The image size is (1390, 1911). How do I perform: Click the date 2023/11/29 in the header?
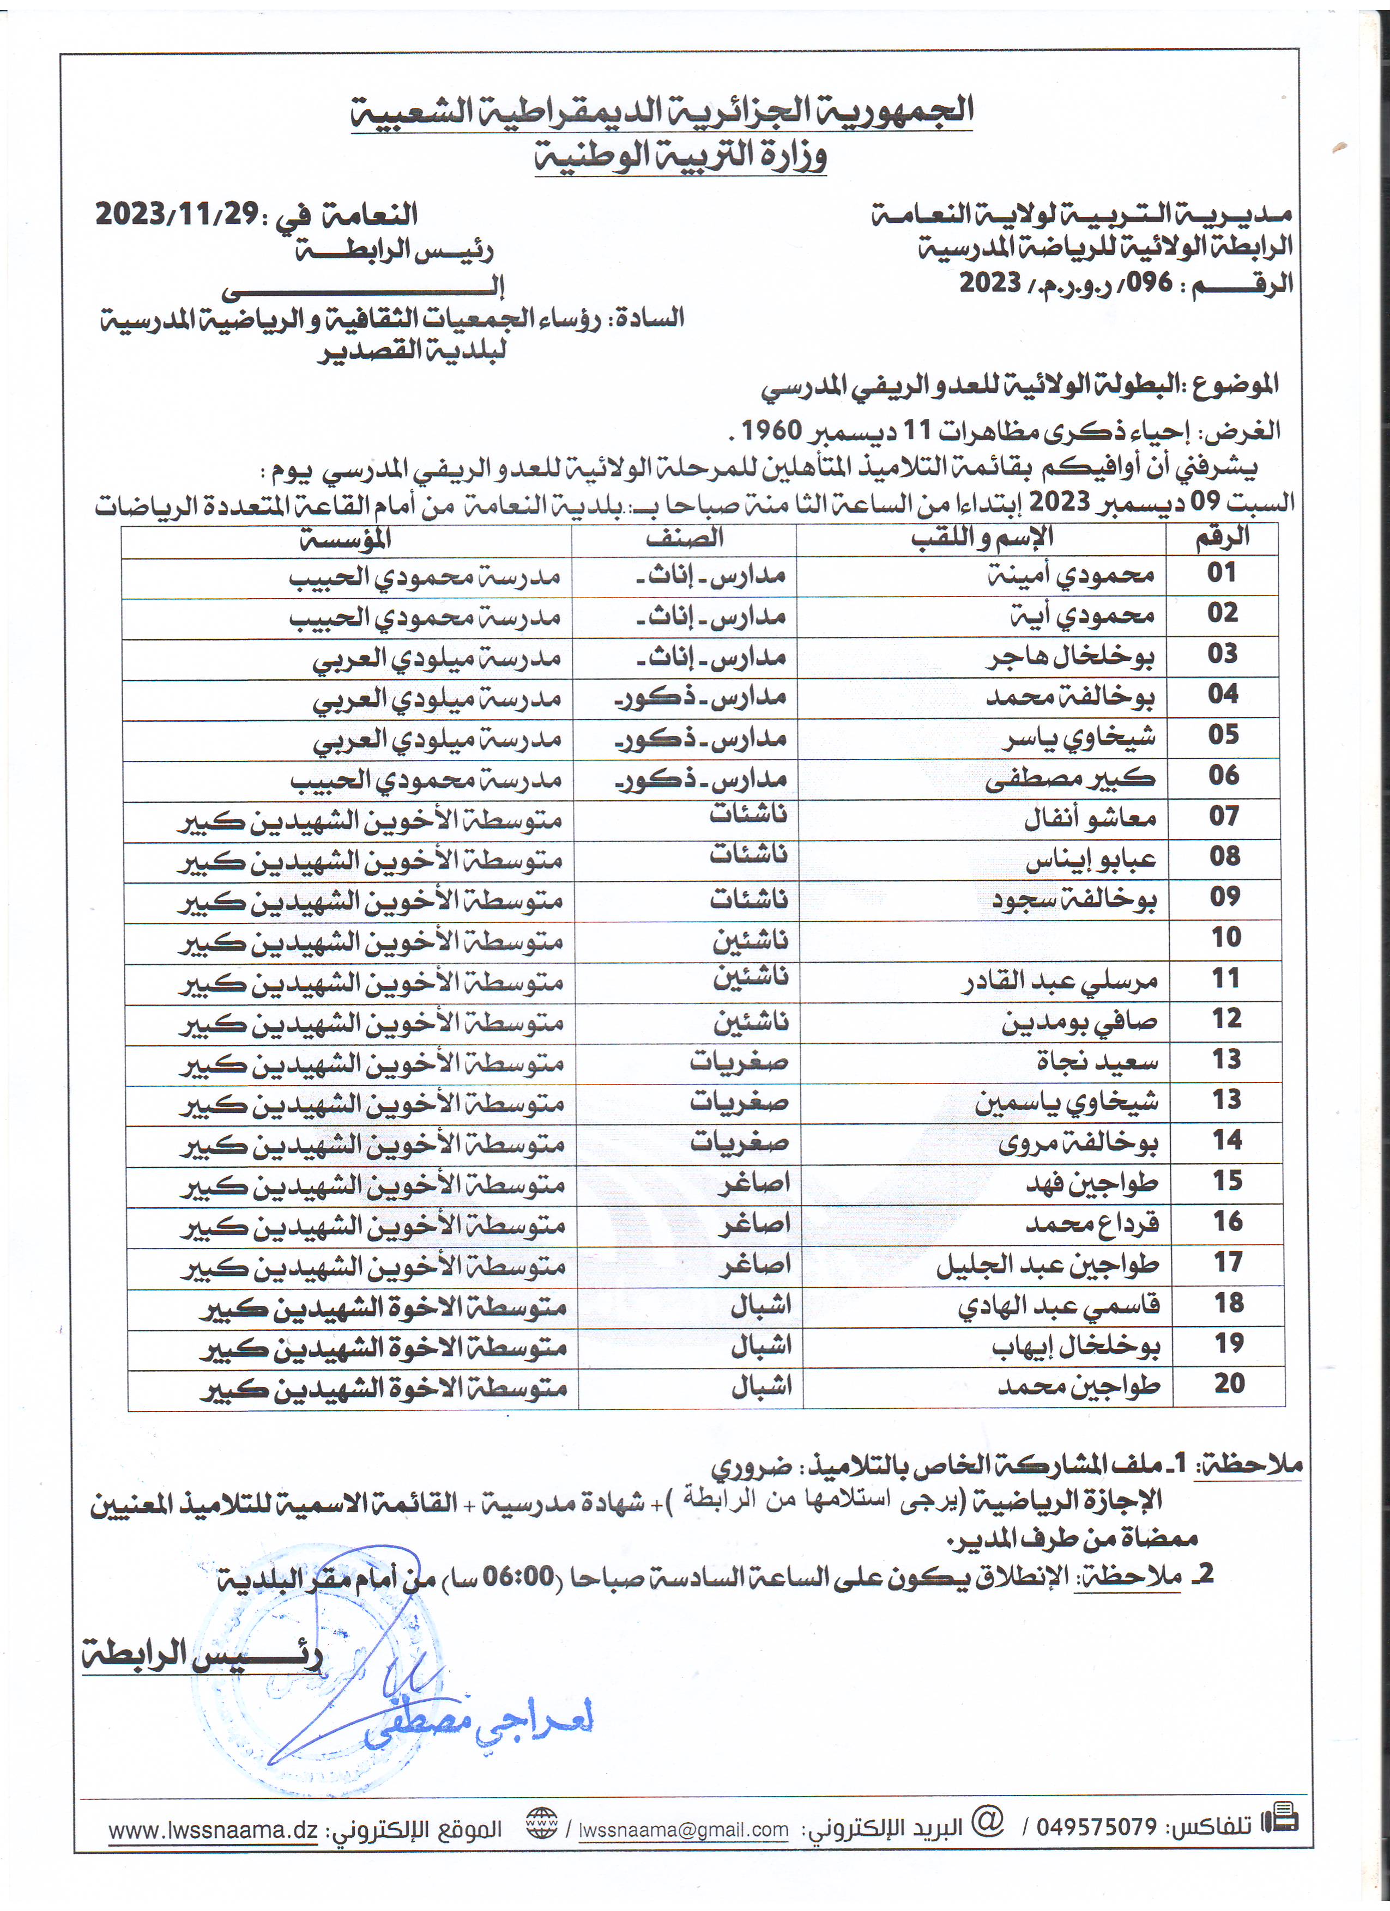[x=176, y=215]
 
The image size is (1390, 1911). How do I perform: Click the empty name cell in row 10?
[x=982, y=940]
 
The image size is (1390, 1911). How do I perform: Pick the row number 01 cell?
[x=1222, y=573]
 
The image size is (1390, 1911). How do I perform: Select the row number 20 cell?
[x=1229, y=1384]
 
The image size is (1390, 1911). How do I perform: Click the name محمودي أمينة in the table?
[x=1071, y=575]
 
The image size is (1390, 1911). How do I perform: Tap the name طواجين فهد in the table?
[x=1092, y=1183]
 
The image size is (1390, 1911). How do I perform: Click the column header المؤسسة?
[x=346, y=539]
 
